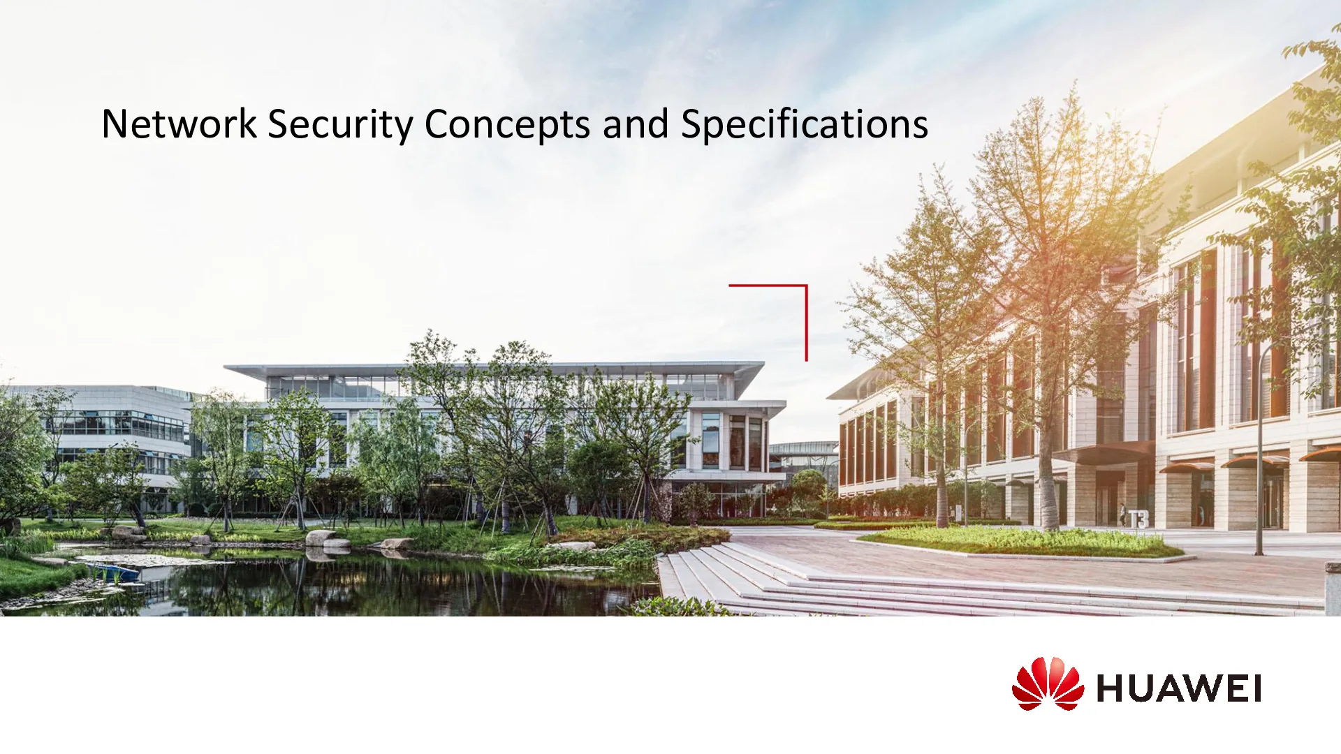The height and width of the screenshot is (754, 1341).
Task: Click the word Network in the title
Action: click(179, 124)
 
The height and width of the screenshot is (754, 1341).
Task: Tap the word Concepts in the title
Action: click(508, 126)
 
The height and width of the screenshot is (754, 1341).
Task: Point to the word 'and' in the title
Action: click(636, 124)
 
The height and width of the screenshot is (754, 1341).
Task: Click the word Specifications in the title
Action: click(805, 126)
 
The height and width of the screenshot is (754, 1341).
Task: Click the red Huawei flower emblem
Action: click(1048, 683)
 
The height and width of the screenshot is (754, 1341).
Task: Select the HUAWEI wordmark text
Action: click(1179, 688)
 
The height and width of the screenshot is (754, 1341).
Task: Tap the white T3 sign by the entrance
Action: click(1138, 519)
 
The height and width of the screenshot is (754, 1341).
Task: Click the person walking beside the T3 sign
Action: click(1122, 515)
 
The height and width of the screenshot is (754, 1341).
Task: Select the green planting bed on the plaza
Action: click(1020, 542)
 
